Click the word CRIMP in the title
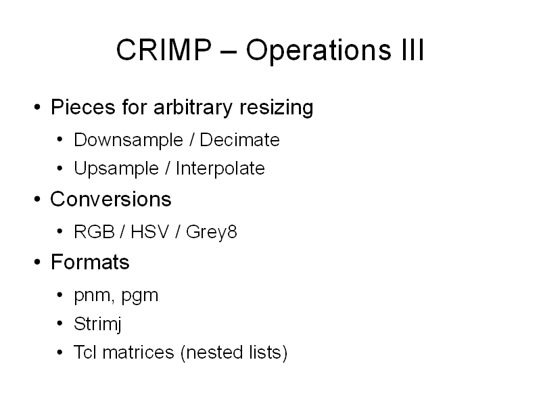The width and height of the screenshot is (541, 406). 164,49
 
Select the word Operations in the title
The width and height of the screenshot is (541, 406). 319,51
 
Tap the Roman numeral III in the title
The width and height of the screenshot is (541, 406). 413,49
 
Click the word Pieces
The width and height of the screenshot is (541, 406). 83,107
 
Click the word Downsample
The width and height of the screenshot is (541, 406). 128,140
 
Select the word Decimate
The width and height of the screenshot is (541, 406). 239,140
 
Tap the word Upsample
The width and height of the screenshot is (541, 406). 116,168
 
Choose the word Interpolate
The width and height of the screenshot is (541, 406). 220,168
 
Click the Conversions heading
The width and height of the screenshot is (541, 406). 111,199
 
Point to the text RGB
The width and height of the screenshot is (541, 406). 94,231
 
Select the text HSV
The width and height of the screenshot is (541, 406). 149,231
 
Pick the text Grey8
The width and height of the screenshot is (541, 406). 212,232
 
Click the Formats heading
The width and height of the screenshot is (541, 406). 90,262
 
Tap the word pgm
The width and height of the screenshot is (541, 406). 140,296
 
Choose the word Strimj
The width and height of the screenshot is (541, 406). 97,324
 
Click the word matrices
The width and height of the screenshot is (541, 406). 139,353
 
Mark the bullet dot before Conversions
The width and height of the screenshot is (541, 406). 37,200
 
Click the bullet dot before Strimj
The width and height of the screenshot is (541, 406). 60,324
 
